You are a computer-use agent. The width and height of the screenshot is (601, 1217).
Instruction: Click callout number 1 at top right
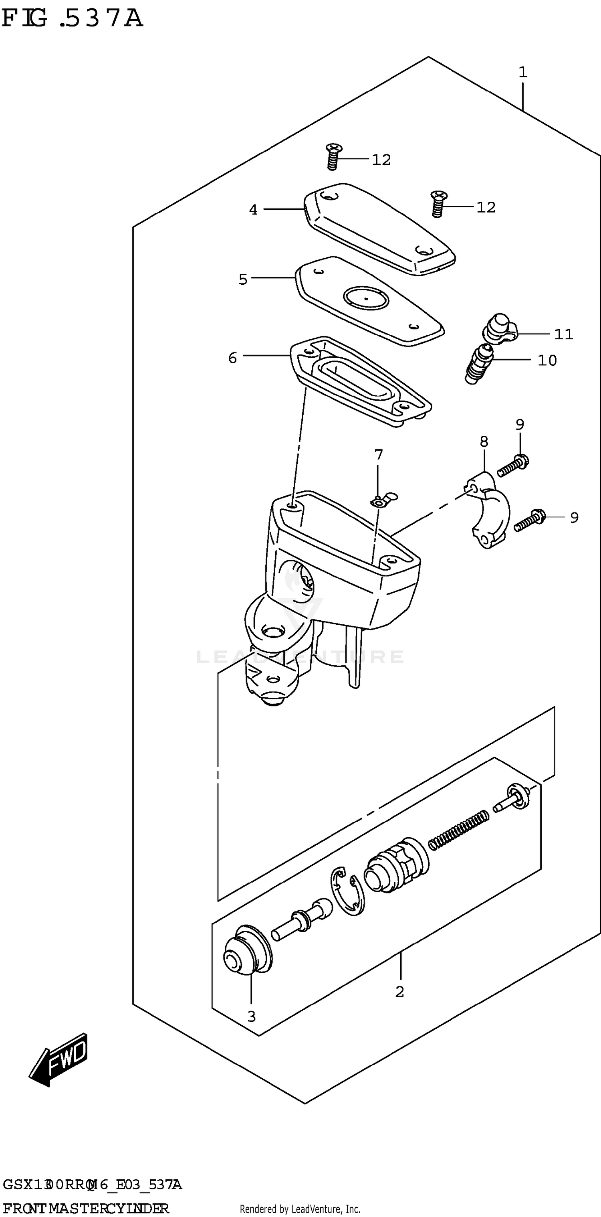click(522, 73)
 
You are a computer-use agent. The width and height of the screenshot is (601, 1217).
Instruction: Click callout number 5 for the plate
click(243, 279)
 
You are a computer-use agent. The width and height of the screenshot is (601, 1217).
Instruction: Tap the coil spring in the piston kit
click(458, 830)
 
